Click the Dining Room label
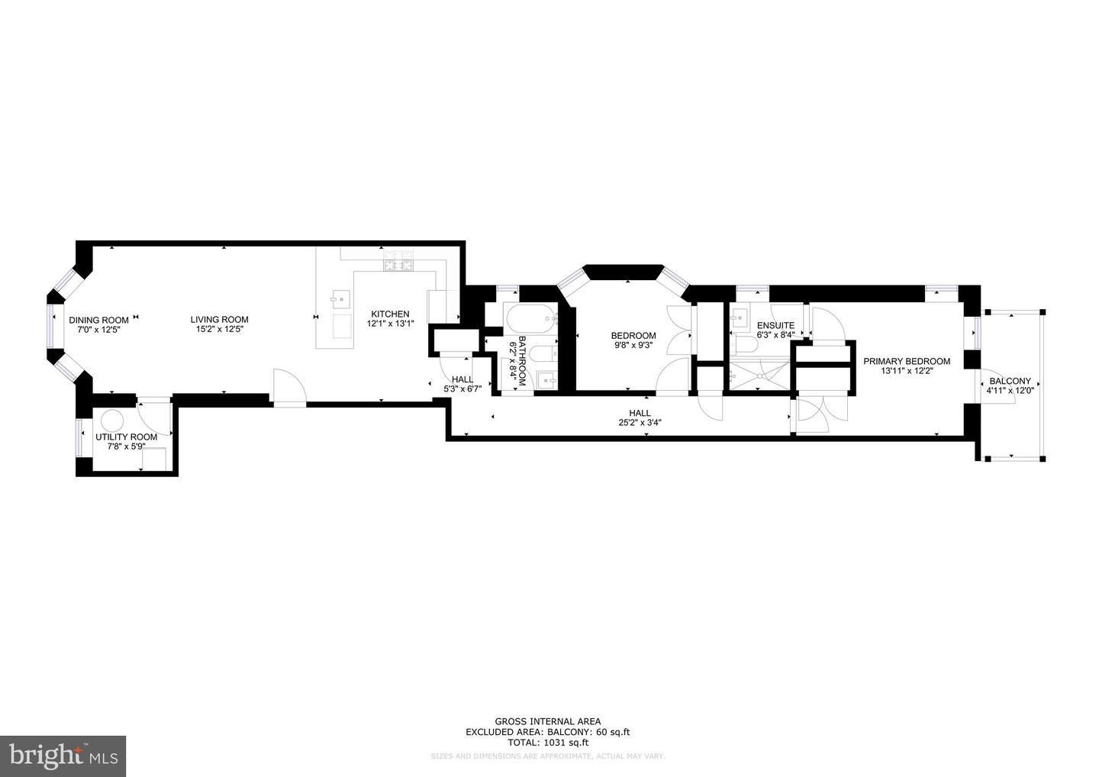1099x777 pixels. [98, 320]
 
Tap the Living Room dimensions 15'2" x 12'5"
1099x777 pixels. [219, 330]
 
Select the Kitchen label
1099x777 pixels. [390, 314]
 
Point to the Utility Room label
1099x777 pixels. [126, 437]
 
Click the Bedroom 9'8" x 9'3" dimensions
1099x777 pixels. [633, 345]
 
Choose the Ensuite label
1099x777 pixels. [775, 325]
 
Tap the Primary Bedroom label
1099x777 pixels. [907, 362]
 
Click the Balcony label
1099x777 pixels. [1010, 381]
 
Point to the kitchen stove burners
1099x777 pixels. [398, 266]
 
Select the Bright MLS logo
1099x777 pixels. [63, 756]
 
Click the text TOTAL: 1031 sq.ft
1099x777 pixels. [548, 742]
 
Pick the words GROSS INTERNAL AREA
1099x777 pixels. [547, 721]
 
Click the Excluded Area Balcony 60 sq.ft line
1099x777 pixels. [547, 732]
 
